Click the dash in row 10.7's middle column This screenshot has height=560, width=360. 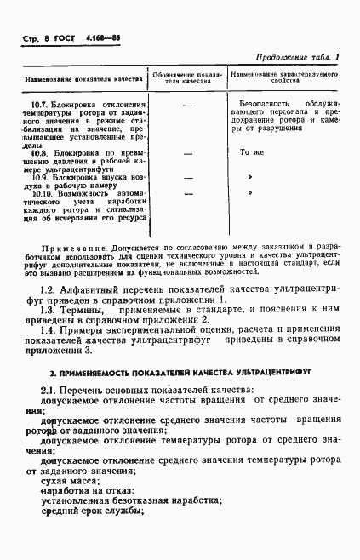click(187, 106)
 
